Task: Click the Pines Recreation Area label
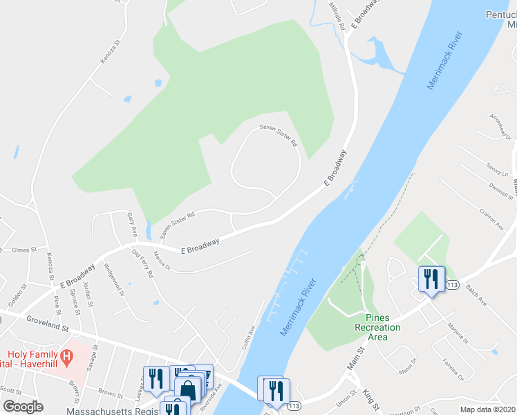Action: coord(377,327)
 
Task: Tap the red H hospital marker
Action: coord(66,358)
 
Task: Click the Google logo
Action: coord(23,407)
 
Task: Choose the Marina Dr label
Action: coord(162,264)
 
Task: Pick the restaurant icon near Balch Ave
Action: coord(431,279)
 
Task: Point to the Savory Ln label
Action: coord(497,169)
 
